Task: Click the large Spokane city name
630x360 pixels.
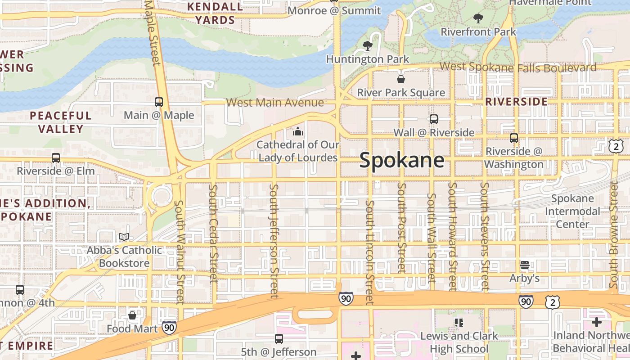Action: tap(401, 161)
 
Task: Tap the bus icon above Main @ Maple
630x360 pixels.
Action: tap(158, 102)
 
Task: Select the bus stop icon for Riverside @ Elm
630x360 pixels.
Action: tap(56, 158)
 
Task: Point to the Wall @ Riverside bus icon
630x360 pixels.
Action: tap(434, 119)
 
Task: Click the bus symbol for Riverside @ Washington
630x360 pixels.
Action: tap(514, 138)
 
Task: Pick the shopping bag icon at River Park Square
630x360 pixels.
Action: tap(400, 79)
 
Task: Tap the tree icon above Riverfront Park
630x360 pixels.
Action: tap(478, 18)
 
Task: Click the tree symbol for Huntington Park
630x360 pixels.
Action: tap(368, 45)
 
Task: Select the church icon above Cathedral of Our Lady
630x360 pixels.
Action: tap(297, 131)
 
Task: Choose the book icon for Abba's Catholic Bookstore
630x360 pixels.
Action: tap(124, 237)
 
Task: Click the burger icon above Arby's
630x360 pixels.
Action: tap(524, 265)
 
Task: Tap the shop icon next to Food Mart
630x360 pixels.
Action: tap(132, 315)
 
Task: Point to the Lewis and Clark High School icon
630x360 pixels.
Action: tap(459, 322)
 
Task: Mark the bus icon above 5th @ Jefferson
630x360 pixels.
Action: tap(279, 338)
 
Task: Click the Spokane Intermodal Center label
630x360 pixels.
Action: tap(572, 211)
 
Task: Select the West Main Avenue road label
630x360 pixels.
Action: tap(274, 103)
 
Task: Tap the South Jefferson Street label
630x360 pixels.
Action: tap(274, 240)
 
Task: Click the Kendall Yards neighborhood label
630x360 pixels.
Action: tap(215, 13)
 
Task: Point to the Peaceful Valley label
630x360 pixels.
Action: tap(61, 122)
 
